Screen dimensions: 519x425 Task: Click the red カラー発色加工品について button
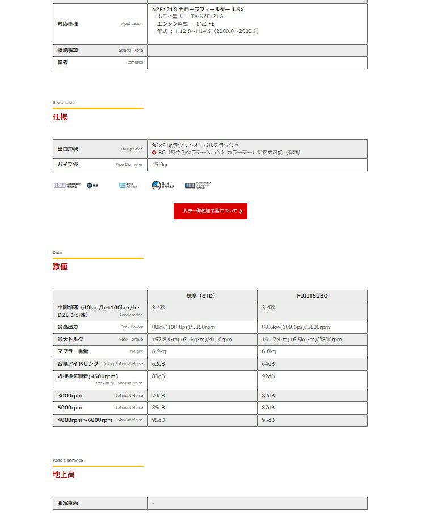click(x=210, y=211)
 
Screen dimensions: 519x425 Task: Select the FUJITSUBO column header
click(x=312, y=296)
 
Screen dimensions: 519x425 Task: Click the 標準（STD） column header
click(x=201, y=296)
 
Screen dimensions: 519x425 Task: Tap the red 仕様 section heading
click(x=60, y=116)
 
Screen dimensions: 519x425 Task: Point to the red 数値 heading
click(x=60, y=266)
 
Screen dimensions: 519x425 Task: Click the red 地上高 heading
click(x=64, y=474)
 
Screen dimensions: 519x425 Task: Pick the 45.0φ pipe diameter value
click(x=159, y=165)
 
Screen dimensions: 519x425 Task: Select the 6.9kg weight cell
click(x=159, y=351)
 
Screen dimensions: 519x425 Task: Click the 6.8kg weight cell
click(x=269, y=351)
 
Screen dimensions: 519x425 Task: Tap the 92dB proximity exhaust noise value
click(x=268, y=376)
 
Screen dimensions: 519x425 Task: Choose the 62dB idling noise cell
click(x=158, y=363)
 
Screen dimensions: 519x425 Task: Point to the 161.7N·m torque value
click(x=301, y=340)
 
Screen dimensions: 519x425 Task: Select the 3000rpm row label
click(x=70, y=395)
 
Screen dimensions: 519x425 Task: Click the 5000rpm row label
click(x=70, y=408)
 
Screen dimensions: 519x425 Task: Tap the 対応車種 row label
click(x=68, y=24)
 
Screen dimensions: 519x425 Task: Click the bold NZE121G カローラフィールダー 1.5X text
click(x=198, y=10)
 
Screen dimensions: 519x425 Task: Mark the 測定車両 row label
click(x=68, y=503)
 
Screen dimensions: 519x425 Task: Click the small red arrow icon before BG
click(x=154, y=153)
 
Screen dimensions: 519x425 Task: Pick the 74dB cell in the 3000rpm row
click(x=158, y=395)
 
